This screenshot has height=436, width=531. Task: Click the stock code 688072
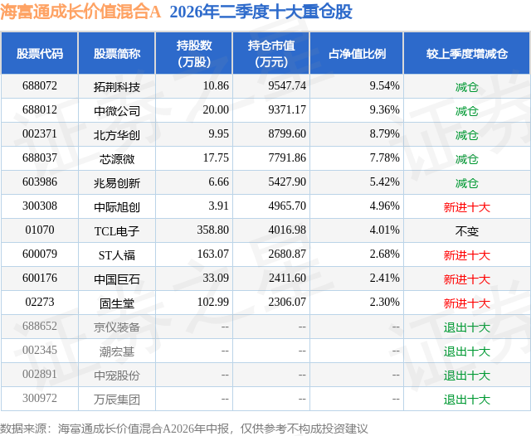(x=40, y=86)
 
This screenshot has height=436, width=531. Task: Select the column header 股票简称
(x=117, y=53)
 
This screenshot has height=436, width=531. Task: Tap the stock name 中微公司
(x=117, y=110)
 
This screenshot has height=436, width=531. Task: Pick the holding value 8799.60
(x=287, y=134)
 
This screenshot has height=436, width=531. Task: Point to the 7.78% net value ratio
(x=384, y=158)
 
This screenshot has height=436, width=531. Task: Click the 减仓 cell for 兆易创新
(x=466, y=183)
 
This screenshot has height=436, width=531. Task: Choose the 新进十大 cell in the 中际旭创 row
(x=466, y=207)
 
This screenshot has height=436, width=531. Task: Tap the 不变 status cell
(x=466, y=231)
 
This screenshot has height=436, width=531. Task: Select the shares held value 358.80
(x=213, y=230)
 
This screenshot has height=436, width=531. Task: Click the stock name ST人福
(x=117, y=255)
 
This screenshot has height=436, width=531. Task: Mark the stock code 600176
(x=40, y=278)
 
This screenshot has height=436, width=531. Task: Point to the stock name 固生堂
(x=117, y=303)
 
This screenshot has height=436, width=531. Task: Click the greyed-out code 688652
(x=40, y=326)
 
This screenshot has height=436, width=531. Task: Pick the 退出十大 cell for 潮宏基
(x=466, y=351)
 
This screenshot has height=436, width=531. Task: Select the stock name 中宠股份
(x=117, y=375)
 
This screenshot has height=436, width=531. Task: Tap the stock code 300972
(x=40, y=398)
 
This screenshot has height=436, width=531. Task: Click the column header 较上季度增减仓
(x=467, y=53)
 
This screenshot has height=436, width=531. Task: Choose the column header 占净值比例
(x=357, y=53)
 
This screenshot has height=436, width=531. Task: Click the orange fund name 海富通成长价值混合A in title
(x=80, y=12)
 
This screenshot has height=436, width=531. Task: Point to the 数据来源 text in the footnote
(x=23, y=429)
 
